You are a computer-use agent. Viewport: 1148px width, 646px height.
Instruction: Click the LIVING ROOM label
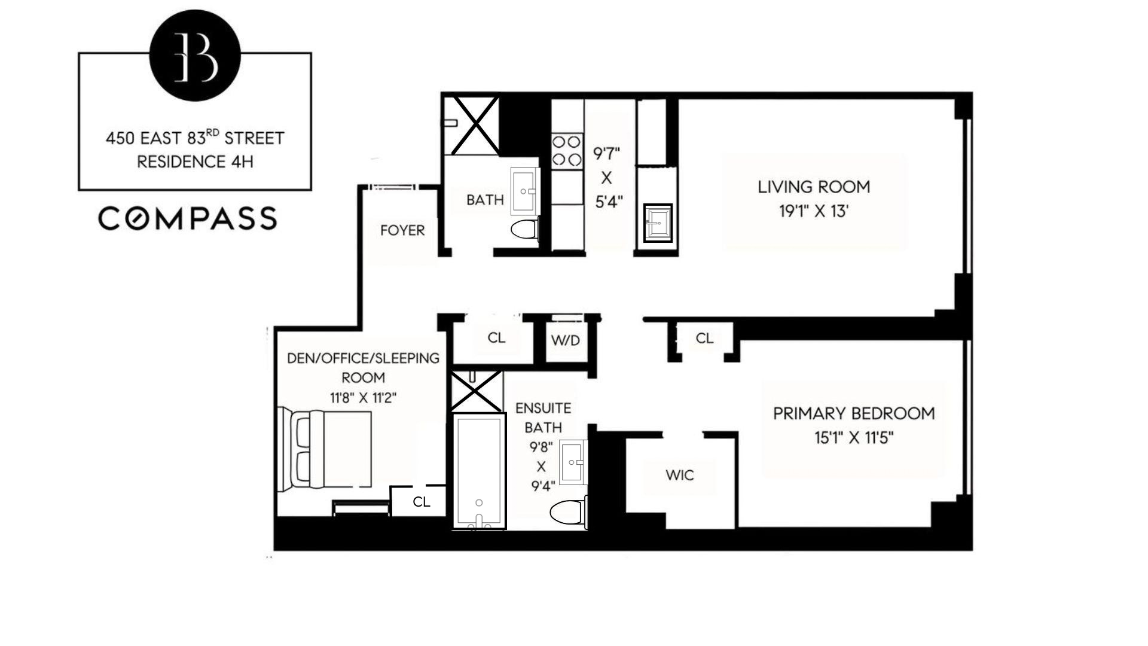814,187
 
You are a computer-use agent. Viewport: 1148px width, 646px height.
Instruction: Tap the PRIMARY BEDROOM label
853,413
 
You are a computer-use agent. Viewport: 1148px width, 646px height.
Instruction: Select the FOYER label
402,230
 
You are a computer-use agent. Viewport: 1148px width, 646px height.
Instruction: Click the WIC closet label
680,476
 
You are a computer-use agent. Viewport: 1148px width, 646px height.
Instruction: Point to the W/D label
565,341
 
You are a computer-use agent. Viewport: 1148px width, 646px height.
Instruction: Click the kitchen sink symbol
657,223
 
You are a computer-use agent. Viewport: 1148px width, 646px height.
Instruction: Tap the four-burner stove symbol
566,150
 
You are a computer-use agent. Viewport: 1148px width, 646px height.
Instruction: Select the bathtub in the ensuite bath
478,471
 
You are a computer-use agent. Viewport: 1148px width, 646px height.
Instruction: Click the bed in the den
325,450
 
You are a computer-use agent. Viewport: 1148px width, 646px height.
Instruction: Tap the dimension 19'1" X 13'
814,212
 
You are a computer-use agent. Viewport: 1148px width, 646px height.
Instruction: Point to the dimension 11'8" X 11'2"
363,398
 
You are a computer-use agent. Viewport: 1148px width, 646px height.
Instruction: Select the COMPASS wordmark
188,218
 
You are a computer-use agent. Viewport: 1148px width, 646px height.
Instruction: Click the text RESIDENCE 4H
195,162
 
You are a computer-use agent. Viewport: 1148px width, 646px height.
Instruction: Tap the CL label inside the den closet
421,502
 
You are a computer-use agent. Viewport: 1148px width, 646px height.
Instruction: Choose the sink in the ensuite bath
574,462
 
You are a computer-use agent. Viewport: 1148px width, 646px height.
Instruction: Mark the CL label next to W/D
496,338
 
